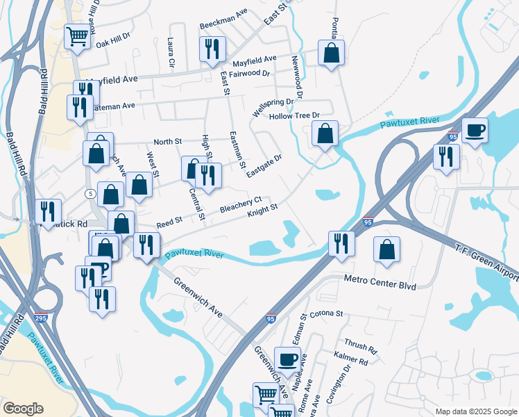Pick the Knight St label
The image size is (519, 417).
(x=263, y=208)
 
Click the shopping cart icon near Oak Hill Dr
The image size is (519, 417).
(x=78, y=35)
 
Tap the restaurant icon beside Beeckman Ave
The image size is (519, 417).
(x=212, y=48)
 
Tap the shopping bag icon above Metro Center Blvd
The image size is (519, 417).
(x=386, y=250)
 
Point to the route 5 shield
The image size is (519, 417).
(x=91, y=193)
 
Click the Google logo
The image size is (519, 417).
(x=23, y=408)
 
